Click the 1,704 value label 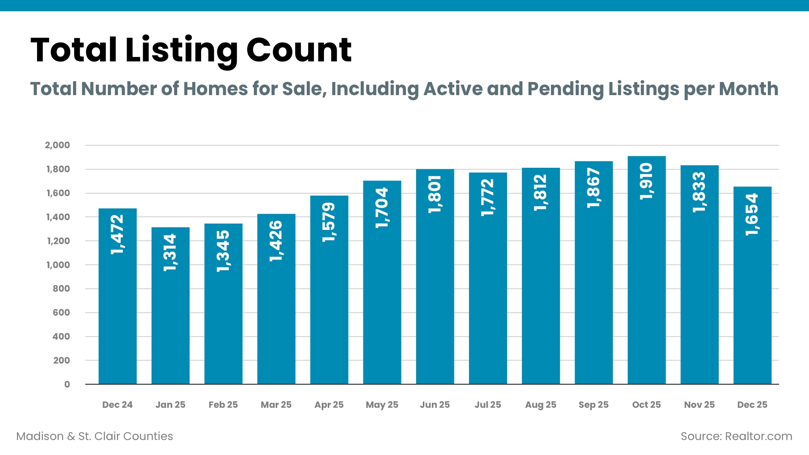coord(382,208)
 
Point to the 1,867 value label coord(594,188)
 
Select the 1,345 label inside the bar coord(223,251)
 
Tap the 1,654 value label coord(752,214)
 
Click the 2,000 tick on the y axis coord(57,145)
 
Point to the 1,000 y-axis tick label coord(58,265)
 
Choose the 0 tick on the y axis coord(67,385)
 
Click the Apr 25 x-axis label coord(329,405)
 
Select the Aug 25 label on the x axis coord(540,405)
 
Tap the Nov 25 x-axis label coord(699,405)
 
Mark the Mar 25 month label coord(276,405)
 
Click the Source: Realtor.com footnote coord(736,436)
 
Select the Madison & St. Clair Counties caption coord(95,436)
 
